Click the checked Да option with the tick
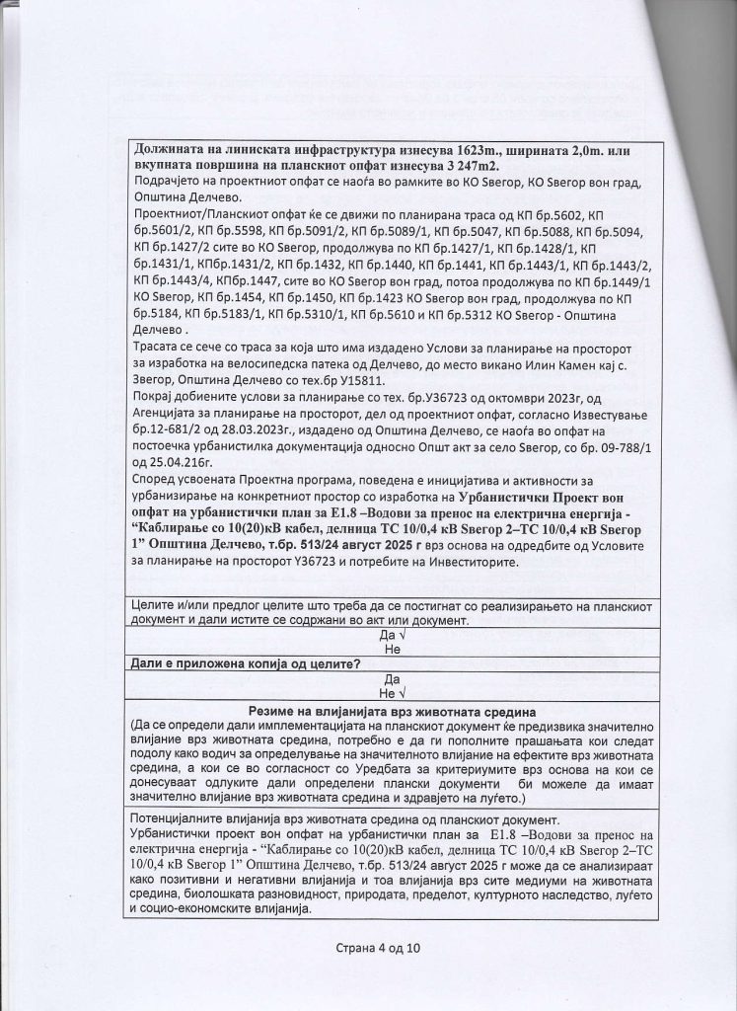388,636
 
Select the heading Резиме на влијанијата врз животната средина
392,711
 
